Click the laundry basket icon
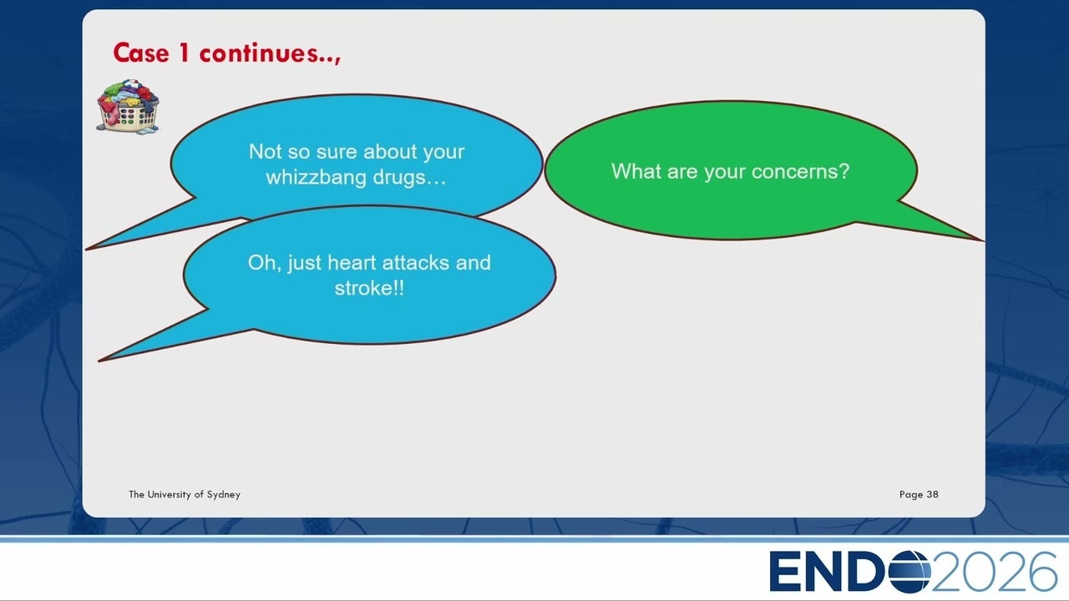click(x=128, y=107)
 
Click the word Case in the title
click(x=141, y=53)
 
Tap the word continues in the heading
click(x=259, y=53)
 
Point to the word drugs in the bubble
click(x=398, y=178)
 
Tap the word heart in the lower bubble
click(x=352, y=263)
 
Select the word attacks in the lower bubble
click(x=416, y=263)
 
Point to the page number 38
click(x=933, y=494)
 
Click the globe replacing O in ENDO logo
click(x=909, y=572)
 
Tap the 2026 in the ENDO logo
click(x=994, y=572)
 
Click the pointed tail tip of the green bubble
click(x=983, y=241)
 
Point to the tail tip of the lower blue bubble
click(x=99, y=361)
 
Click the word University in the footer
click(x=169, y=494)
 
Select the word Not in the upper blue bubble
click(x=266, y=152)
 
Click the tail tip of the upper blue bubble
click(x=87, y=249)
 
